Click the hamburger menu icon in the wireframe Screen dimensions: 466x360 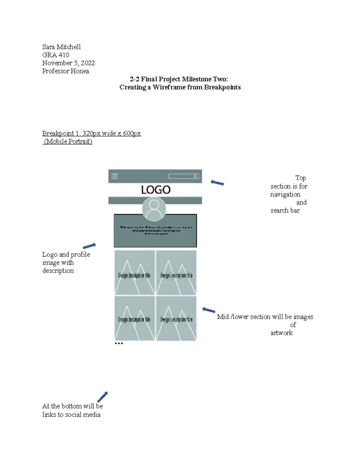(115, 176)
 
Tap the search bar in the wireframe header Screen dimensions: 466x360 (184, 176)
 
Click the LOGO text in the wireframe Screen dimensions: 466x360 (156, 190)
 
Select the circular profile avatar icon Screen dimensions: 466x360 (154, 209)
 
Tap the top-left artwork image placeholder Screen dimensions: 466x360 (135, 273)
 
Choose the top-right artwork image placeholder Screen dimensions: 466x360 (176, 273)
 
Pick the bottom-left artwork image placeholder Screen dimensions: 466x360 (135, 318)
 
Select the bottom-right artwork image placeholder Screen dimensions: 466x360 (176, 318)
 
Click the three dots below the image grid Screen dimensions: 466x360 (119, 343)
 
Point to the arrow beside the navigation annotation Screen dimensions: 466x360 (217, 183)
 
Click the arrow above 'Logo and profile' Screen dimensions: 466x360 (89, 246)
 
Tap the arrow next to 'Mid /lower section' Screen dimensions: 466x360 (209, 310)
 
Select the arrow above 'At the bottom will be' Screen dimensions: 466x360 (102, 397)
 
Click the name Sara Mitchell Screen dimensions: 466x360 (61, 47)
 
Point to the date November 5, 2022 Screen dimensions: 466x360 (68, 63)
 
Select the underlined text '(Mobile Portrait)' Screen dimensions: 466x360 (68, 141)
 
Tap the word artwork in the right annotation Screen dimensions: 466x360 (281, 333)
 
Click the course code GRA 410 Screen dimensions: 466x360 (56, 55)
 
